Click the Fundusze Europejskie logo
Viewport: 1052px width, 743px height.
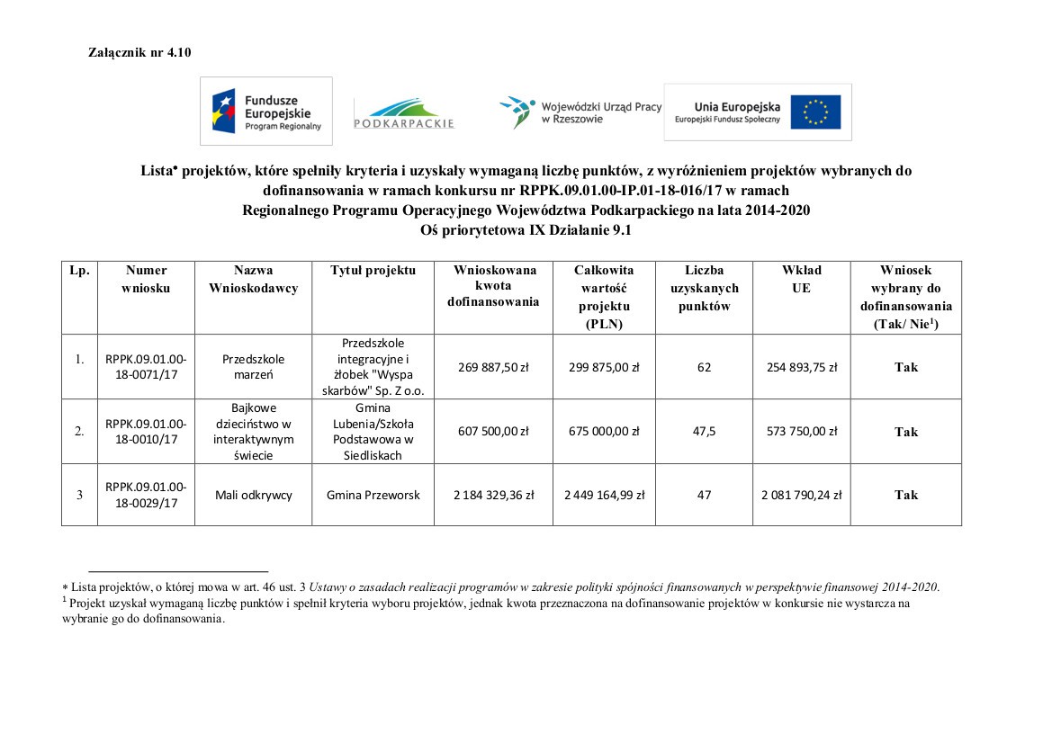pos(265,111)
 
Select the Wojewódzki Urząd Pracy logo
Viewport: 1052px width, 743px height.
pos(580,112)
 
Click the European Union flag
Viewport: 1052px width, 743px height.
pos(815,112)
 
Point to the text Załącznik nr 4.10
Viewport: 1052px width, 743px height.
pos(139,53)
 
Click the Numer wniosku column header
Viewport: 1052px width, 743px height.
pos(146,279)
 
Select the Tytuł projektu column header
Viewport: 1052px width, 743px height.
pos(373,271)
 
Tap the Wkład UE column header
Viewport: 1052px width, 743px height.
pos(801,279)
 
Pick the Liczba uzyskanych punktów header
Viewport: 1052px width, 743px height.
pos(705,288)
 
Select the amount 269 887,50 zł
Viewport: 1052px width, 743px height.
pos(493,367)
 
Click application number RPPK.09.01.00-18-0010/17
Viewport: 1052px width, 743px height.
pos(146,431)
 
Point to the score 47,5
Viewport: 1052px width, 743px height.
pos(705,432)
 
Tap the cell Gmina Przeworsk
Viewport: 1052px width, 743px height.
pos(373,495)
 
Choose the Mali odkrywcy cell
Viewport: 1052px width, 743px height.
pos(253,495)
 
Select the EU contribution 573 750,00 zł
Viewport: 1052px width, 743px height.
pos(801,432)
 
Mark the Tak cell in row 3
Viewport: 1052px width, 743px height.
pos(905,495)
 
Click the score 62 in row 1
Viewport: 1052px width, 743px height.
pos(705,367)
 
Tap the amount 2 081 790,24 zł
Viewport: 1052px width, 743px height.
pos(801,495)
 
